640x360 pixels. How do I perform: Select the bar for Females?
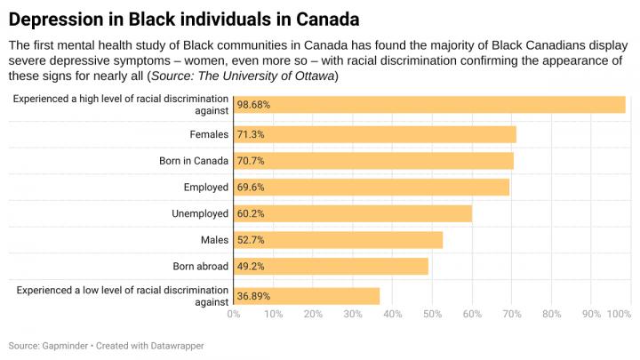374,134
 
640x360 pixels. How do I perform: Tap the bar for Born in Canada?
373,161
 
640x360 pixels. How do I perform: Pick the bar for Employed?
371,187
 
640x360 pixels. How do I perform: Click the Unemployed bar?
352,213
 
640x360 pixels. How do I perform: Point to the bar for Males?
338,240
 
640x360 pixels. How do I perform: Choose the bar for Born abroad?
331,266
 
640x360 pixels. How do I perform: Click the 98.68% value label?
253,105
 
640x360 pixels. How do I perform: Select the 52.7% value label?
251,240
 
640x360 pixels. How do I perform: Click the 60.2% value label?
251,213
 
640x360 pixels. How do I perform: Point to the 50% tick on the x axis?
432,314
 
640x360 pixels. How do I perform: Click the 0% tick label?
234,314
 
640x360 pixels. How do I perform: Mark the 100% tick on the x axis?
620,314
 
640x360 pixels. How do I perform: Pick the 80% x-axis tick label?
551,314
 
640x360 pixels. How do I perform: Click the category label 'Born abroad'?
202,266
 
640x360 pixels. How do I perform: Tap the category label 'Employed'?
206,187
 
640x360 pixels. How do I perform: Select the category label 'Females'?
210,134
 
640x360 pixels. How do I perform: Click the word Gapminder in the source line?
64,344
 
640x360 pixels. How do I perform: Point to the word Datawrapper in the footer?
182,344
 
